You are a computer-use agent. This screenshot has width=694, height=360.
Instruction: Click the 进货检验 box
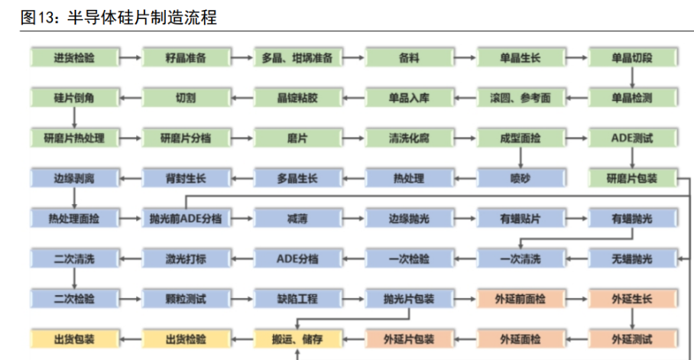coord(74,58)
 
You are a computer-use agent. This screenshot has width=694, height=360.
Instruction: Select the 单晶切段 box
coord(632,58)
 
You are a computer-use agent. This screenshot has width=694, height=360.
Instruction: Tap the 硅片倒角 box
coord(74,98)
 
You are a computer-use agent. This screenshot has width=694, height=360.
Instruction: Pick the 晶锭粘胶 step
coord(297,98)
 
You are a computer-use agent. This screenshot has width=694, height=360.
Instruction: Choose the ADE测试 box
coord(632,138)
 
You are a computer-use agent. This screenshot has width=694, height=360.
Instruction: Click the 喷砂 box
coord(520,178)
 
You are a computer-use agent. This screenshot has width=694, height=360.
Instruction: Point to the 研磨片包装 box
coord(632,178)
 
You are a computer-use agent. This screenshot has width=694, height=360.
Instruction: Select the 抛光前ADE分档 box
coord(186,218)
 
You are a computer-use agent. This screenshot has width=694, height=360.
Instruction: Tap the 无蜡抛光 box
coord(632,258)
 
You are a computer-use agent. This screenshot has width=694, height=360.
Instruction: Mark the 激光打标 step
coord(186,258)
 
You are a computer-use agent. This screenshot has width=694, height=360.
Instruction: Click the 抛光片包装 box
coord(409,298)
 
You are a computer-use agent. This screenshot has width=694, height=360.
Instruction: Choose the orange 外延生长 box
coord(632,298)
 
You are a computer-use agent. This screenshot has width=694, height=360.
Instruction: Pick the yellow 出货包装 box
coord(74,338)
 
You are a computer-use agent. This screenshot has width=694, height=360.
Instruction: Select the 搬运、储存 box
coord(297,338)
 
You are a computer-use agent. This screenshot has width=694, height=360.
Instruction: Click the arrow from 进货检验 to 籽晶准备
coord(130,58)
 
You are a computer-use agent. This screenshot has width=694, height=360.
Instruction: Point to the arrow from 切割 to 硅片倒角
coord(130,98)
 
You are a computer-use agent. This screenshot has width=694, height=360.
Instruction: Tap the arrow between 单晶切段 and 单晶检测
coord(632,78)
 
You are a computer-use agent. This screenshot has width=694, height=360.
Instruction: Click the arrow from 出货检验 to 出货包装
coord(130,338)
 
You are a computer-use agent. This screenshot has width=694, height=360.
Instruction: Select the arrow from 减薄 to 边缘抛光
coord(353,218)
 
